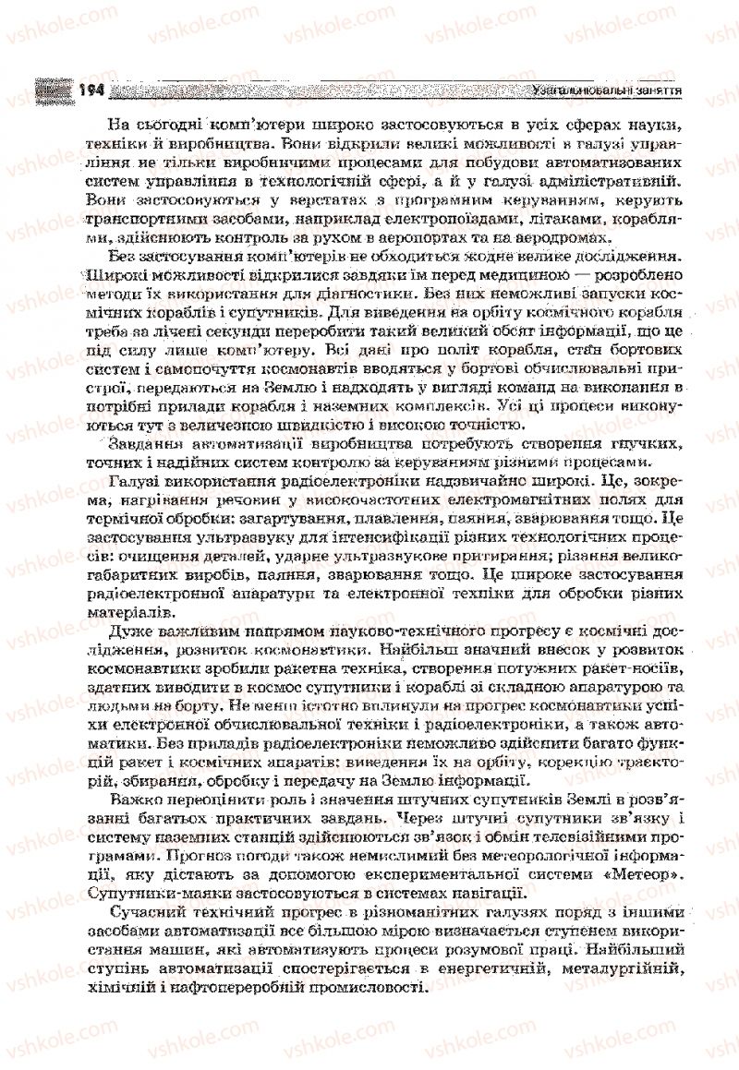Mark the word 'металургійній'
628,968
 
